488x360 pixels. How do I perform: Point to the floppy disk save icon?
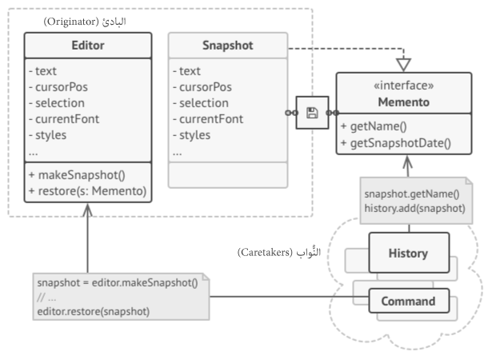coord(313,113)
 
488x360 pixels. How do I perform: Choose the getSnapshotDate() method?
coord(394,144)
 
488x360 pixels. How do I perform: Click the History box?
coord(408,253)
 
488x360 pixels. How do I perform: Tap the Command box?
coord(408,302)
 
